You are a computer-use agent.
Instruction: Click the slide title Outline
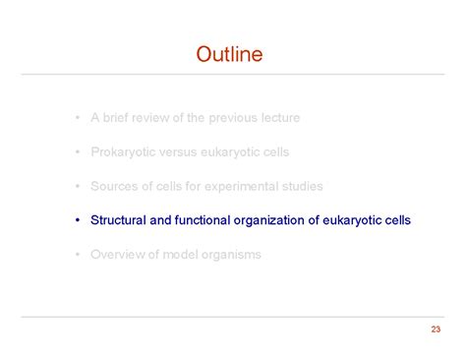tap(229, 53)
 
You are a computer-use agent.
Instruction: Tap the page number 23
tap(436, 329)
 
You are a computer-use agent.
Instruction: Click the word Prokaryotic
tap(122, 151)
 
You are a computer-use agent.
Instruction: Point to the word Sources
tap(113, 186)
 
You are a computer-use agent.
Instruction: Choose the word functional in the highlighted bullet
tap(201, 220)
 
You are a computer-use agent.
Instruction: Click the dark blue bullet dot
tap(76, 220)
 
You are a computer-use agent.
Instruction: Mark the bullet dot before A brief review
tap(76, 118)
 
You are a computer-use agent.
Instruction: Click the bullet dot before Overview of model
tap(76, 255)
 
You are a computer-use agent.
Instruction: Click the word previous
tap(229, 117)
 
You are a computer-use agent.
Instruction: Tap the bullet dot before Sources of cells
tap(76, 186)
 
